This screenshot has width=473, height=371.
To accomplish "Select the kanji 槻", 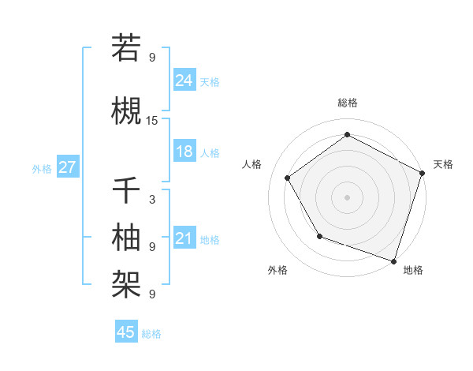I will pos(126,111).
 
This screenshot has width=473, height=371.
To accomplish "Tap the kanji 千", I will pos(126,190).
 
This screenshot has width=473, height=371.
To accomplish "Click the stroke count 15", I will pos(152,121).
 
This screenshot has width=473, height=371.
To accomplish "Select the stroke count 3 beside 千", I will pos(152,200).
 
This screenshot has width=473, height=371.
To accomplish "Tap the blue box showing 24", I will pos(184,81).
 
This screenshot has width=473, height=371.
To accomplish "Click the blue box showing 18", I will pos(184,152).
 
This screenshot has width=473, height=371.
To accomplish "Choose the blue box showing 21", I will pos(184,238).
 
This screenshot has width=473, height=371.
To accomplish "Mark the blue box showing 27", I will pos(67,167).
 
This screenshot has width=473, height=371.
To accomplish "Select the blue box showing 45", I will pos(126,332).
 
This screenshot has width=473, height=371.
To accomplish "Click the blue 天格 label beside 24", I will pos(210,81).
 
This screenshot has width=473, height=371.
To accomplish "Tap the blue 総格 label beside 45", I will pos(151,333).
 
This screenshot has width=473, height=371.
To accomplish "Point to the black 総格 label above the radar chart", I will pos(348,103).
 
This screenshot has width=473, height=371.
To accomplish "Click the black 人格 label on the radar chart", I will pos(252,164).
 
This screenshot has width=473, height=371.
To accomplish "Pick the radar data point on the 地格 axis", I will pos(393,260).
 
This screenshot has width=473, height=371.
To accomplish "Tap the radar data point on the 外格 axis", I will pos(319,236).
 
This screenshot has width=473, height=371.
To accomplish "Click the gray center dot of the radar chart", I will pos(348,197).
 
